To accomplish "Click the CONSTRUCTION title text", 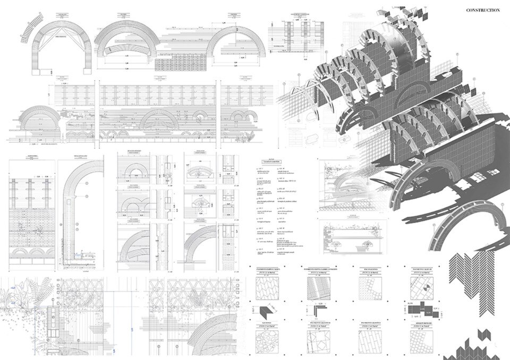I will pyautogui.click(x=482, y=10).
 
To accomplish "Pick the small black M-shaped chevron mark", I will pyautogui.click(x=482, y=335).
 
